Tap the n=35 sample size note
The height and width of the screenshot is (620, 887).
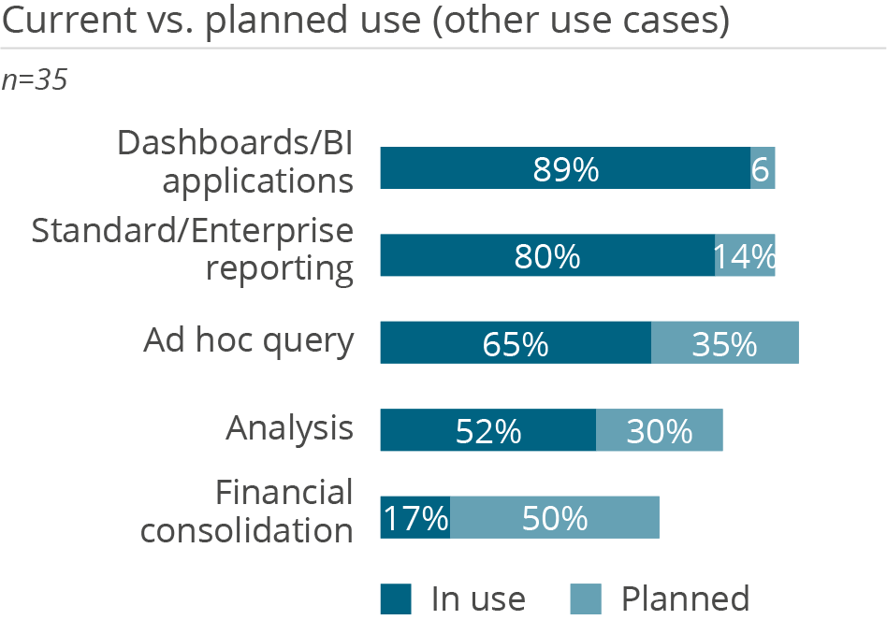click(x=35, y=80)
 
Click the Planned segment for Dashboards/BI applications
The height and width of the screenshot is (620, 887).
click(x=763, y=168)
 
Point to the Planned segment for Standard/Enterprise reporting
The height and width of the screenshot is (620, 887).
click(x=745, y=255)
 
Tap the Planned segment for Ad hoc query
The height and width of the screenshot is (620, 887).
click(x=724, y=342)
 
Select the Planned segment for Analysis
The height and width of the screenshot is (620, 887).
click(x=659, y=430)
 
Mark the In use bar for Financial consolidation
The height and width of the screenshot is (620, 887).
click(x=414, y=517)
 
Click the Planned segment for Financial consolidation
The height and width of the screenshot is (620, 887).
click(x=555, y=517)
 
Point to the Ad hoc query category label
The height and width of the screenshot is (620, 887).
click(x=249, y=341)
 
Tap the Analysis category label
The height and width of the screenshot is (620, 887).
click(x=290, y=429)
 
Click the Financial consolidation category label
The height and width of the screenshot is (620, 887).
click(x=247, y=512)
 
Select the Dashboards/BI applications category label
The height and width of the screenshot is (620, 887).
click(x=236, y=161)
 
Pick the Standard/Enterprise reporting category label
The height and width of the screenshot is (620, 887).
click(x=193, y=249)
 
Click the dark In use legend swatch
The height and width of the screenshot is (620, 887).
click(x=396, y=598)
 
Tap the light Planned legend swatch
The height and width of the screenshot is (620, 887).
click(x=586, y=598)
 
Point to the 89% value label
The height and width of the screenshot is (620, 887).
click(x=566, y=170)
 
